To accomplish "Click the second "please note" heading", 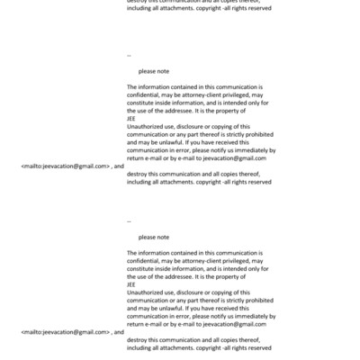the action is point(154,237).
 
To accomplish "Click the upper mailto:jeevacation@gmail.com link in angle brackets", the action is point(65,166).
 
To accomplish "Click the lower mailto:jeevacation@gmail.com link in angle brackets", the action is point(65,332).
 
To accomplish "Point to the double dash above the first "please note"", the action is point(130,55).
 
